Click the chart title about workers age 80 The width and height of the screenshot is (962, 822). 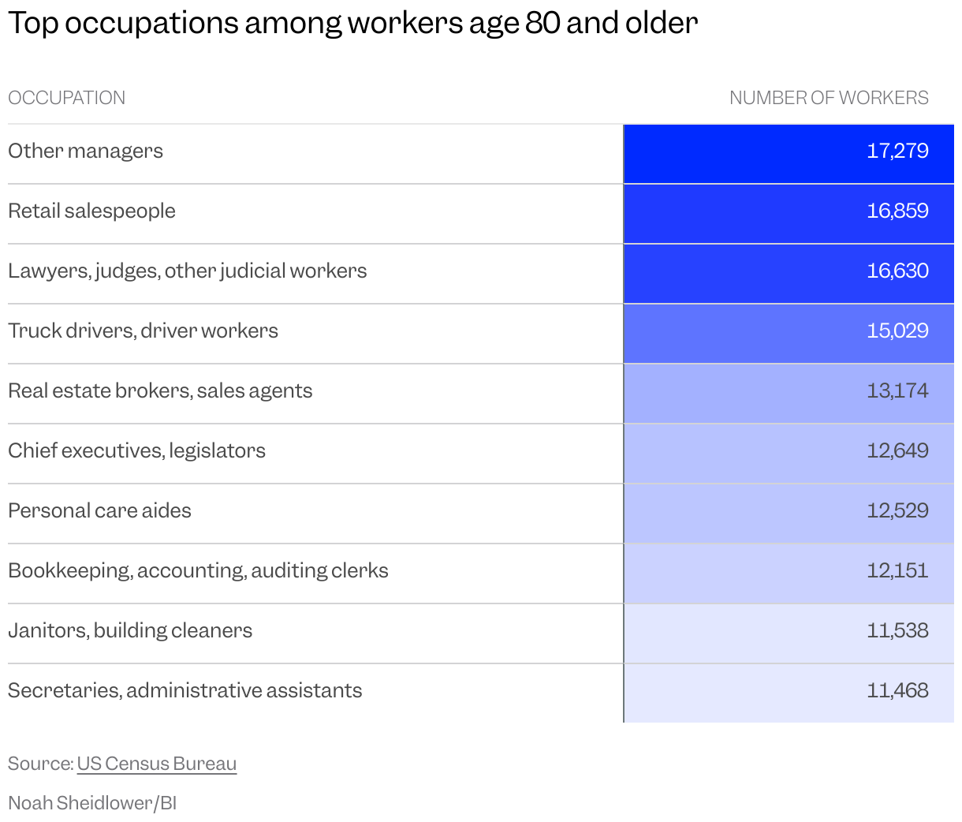click(x=352, y=24)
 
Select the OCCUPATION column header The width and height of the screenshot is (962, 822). click(x=66, y=98)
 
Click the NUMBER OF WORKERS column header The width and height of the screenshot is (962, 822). click(x=828, y=98)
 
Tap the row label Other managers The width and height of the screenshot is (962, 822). click(x=85, y=151)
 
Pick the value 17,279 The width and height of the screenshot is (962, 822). click(x=897, y=151)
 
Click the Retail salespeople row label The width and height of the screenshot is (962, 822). click(x=91, y=211)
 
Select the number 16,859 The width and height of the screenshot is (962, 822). click(x=897, y=211)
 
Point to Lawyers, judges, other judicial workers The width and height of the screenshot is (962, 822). click(x=187, y=271)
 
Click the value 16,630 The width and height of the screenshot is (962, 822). click(x=897, y=271)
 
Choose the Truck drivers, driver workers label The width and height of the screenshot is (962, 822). click(x=143, y=331)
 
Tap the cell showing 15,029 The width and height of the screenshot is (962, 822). click(x=897, y=331)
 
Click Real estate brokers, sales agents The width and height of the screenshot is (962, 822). click(x=160, y=390)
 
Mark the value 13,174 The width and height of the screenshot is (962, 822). click(x=897, y=390)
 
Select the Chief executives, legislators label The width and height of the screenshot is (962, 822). click(x=136, y=450)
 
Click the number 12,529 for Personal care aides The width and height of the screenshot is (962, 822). click(x=897, y=510)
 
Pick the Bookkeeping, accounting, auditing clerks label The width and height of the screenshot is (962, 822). click(x=198, y=570)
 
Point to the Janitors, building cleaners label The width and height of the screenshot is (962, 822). click(x=130, y=630)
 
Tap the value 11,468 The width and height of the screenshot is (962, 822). click(x=897, y=690)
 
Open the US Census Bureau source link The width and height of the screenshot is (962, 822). click(x=157, y=764)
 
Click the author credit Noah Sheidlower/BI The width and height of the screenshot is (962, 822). click(x=92, y=803)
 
